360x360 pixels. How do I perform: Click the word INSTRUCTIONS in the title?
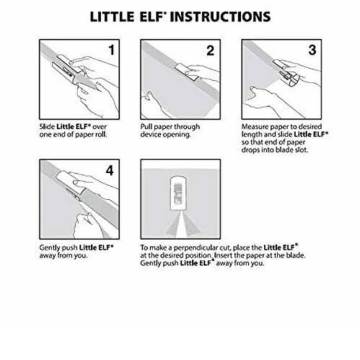pos(220,16)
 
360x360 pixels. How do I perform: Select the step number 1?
pos(111,50)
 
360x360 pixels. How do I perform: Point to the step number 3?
pos(312,50)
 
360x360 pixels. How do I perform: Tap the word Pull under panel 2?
pos(146,127)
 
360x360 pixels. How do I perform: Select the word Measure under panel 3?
pos(254,127)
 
